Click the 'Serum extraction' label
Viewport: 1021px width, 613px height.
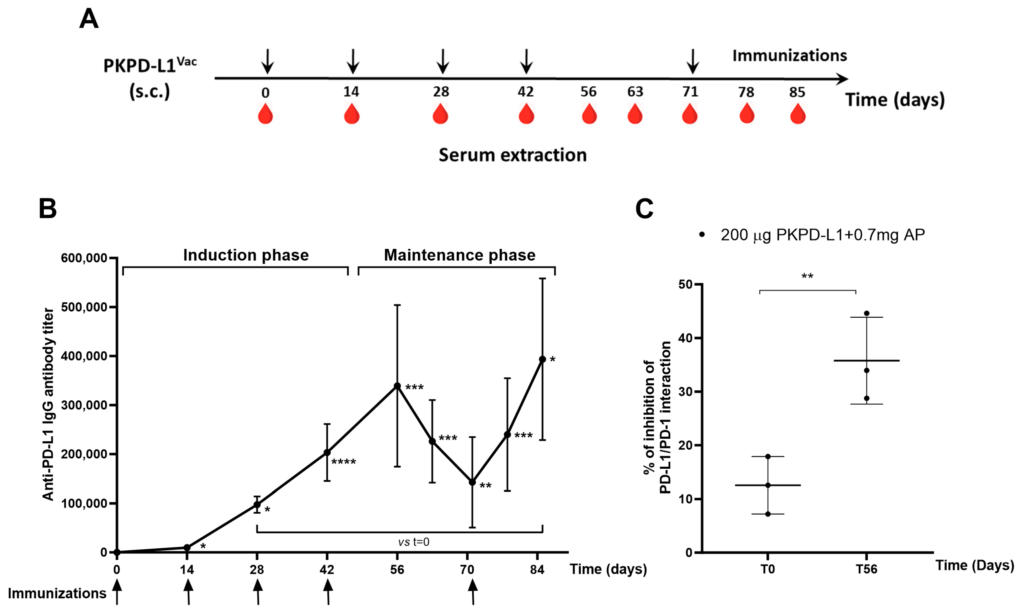(x=512, y=155)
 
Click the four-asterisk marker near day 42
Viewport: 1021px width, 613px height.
(x=343, y=462)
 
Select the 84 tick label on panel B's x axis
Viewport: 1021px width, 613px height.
(x=537, y=570)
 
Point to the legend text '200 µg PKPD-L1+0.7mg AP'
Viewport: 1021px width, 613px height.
(x=822, y=235)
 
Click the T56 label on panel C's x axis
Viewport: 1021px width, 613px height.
(x=866, y=570)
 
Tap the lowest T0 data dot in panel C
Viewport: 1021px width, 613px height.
(x=768, y=514)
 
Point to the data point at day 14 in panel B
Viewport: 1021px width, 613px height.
(x=187, y=547)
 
